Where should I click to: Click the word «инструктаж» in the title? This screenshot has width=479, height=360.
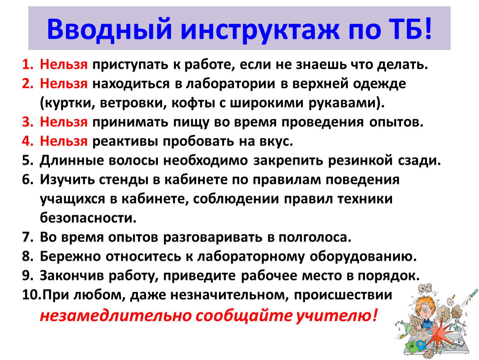pyautogui.click(x=260, y=29)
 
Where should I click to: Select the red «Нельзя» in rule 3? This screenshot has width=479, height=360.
pyautogui.click(x=64, y=122)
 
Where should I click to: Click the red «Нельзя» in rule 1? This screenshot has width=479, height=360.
pyautogui.click(x=64, y=64)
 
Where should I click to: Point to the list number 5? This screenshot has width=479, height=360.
pyautogui.click(x=27, y=160)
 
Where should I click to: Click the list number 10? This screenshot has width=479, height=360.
pyautogui.click(x=31, y=295)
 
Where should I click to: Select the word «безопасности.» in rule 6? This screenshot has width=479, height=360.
pyautogui.click(x=88, y=218)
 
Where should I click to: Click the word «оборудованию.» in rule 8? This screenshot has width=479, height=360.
pyautogui.click(x=363, y=257)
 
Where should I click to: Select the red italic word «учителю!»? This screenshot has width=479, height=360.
pyautogui.click(x=337, y=316)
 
